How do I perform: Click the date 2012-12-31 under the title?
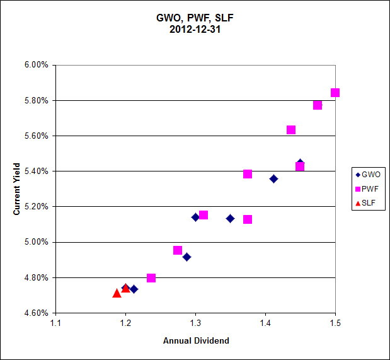(195, 29)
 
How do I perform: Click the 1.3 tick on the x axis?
(195, 323)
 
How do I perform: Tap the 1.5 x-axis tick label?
(335, 323)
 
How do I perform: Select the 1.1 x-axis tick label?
(56, 323)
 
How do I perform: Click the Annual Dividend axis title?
(196, 341)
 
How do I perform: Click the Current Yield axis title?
(18, 189)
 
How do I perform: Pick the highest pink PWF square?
(335, 93)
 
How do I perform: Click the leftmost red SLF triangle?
(117, 293)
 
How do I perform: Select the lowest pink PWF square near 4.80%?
(151, 278)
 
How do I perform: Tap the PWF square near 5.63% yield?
(291, 130)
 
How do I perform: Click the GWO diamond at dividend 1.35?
(231, 219)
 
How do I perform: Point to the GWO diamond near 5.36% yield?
(273, 179)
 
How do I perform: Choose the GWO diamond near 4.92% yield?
(187, 257)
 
